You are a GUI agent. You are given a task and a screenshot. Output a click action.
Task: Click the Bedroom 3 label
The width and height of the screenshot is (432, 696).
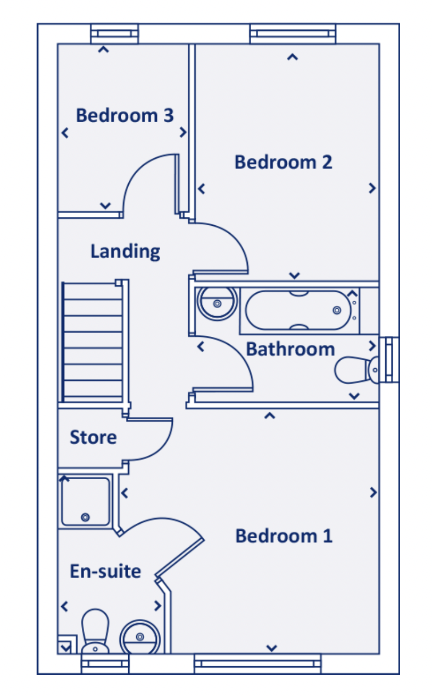(x=124, y=115)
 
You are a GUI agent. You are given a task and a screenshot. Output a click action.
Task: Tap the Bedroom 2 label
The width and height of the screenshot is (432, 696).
(x=283, y=162)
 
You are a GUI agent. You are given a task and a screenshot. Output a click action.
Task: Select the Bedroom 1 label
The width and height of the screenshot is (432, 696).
(x=284, y=536)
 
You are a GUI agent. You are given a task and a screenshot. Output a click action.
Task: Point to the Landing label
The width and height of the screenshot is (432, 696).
(x=125, y=251)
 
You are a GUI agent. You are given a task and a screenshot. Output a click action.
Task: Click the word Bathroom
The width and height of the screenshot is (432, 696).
(x=290, y=350)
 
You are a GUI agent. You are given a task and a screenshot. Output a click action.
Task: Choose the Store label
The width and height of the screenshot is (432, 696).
(x=93, y=438)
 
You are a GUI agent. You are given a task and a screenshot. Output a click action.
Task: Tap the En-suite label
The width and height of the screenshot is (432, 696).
(x=105, y=572)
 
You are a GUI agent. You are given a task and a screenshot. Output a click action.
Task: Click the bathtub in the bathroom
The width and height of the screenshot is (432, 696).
(x=298, y=310)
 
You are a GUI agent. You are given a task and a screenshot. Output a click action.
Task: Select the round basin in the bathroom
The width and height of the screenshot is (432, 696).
(x=217, y=303)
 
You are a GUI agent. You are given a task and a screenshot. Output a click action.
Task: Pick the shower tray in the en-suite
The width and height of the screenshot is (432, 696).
(x=86, y=502)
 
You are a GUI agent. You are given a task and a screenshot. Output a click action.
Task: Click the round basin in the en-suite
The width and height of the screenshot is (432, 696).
(x=139, y=636)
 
